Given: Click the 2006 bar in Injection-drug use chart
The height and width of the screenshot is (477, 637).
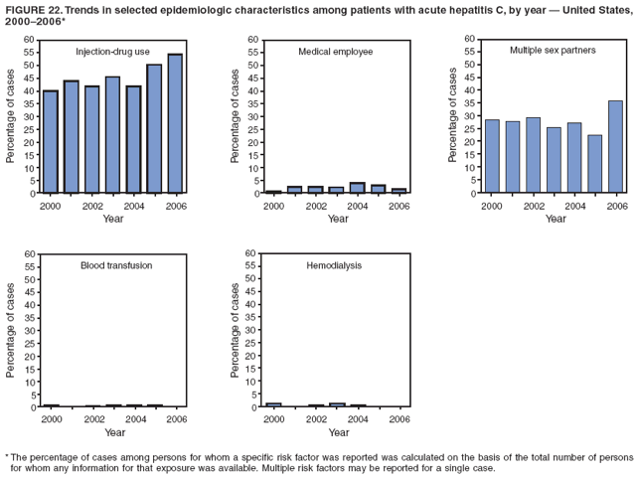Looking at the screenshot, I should click(x=175, y=123).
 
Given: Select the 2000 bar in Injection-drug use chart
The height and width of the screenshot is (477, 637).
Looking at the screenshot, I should click(x=50, y=141).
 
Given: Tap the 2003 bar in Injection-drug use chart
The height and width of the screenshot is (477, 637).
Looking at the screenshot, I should click(x=112, y=134).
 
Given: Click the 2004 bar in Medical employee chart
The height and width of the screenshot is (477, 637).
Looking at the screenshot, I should click(x=357, y=188).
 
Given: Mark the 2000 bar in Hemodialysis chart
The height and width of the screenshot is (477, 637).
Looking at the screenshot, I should click(x=274, y=404).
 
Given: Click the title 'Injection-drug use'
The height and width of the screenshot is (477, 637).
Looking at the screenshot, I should click(x=113, y=51).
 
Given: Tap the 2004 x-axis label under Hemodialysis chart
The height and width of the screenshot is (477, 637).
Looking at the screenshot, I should click(x=357, y=419).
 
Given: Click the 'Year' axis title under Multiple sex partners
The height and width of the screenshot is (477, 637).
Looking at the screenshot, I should click(x=555, y=218).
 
